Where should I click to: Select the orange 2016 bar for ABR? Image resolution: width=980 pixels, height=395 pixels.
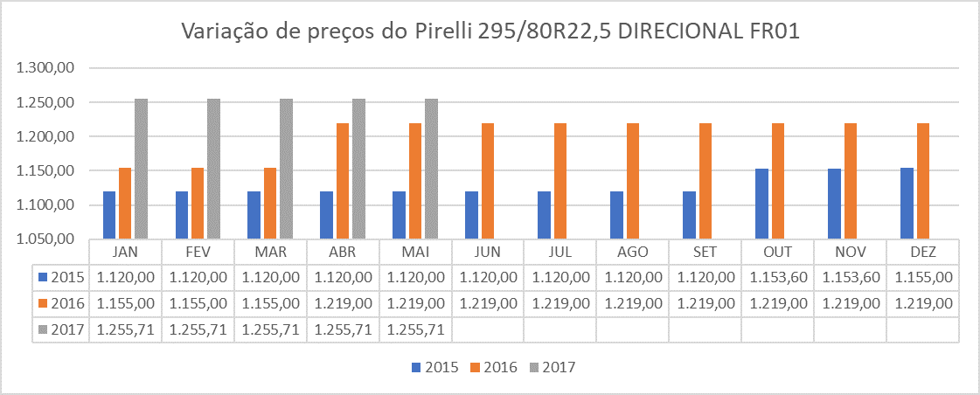tap(343, 181)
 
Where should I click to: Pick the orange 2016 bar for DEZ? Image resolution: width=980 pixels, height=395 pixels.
tap(923, 181)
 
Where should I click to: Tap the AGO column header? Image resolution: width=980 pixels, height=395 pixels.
tap(632, 252)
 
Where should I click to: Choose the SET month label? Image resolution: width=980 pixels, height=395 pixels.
tap(705, 252)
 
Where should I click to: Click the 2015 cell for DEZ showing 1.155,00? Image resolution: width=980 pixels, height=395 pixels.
tap(922, 277)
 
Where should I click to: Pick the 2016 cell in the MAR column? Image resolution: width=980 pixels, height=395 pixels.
tap(270, 303)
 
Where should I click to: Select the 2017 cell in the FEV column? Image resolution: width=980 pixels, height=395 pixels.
tap(198, 330)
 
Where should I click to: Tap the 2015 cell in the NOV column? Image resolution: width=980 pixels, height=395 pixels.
tap(850, 277)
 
